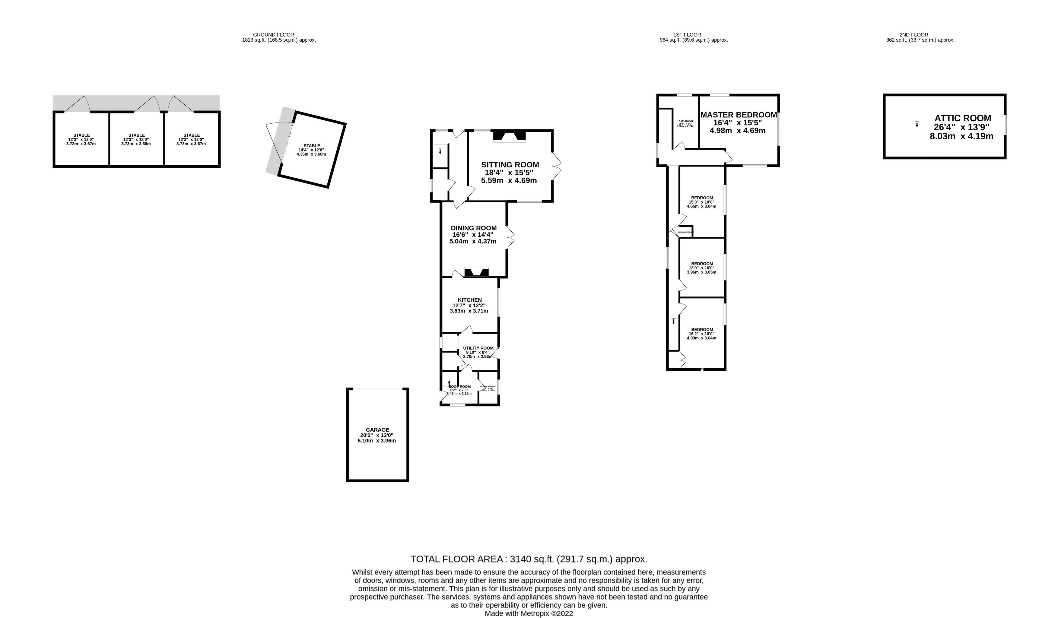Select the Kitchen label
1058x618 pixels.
[x=469, y=300]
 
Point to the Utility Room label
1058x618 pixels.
[x=478, y=348]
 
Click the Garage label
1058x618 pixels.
[x=377, y=429]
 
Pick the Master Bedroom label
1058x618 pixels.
[x=738, y=115]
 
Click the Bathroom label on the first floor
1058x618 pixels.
[x=685, y=121]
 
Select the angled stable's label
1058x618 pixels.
[x=312, y=146]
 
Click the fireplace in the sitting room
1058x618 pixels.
[x=509, y=136]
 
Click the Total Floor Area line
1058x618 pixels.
[x=529, y=559]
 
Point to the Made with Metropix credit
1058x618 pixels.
[x=529, y=613]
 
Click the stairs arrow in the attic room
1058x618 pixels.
[x=917, y=125]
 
